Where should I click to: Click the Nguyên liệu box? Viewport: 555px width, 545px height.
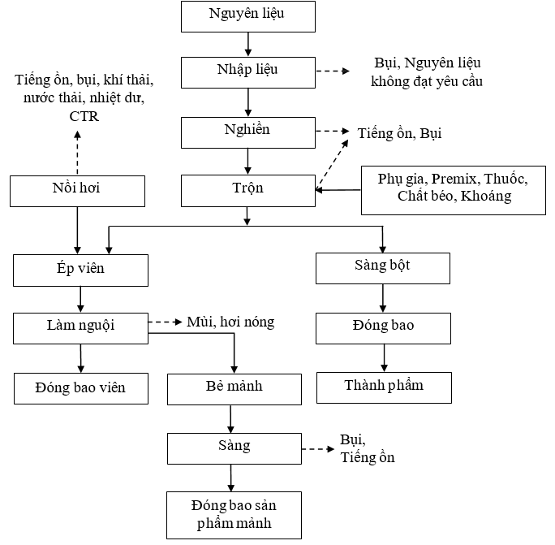[248, 17]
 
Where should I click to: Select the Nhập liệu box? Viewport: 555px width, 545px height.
[248, 72]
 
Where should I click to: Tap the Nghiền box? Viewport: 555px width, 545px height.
[248, 132]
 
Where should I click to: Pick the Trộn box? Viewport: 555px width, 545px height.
[248, 191]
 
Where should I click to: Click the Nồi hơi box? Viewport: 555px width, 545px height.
[78, 191]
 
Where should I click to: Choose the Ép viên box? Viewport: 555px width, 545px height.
[80, 270]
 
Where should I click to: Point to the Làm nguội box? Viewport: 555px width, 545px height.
[80, 328]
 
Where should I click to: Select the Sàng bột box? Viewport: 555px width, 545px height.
[383, 268]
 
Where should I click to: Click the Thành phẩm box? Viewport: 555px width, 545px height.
[384, 387]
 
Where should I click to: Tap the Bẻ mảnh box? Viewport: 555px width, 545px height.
[234, 389]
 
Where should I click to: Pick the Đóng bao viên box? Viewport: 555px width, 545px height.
[81, 388]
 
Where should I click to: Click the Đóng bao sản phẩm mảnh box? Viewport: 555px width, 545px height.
[234, 515]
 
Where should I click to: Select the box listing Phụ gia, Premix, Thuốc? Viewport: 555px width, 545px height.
[454, 190]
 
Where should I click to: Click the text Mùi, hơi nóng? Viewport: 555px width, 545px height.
[230, 322]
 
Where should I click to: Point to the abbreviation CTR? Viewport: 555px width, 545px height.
[84, 116]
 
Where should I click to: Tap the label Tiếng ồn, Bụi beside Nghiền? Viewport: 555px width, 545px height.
[399, 133]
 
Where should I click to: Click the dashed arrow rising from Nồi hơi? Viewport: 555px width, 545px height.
[78, 153]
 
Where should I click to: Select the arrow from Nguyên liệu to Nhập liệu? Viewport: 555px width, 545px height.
[248, 44]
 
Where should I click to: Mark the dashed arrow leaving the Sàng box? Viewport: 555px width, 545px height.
[318, 449]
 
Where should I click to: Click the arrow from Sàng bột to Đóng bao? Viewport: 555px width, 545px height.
[383, 298]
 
